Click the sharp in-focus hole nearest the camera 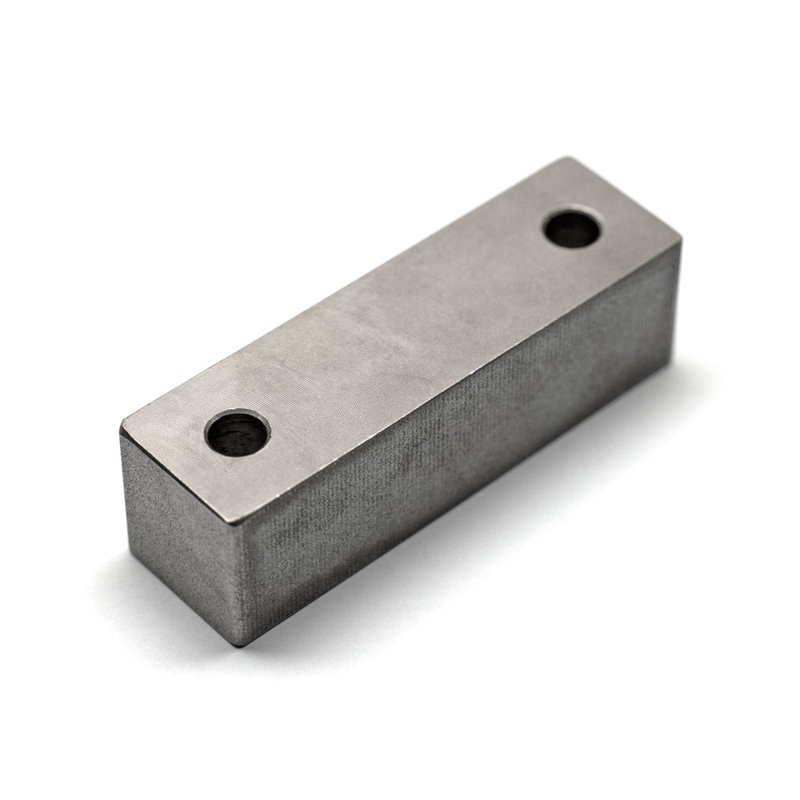coord(238,434)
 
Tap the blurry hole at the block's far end coord(572,229)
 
